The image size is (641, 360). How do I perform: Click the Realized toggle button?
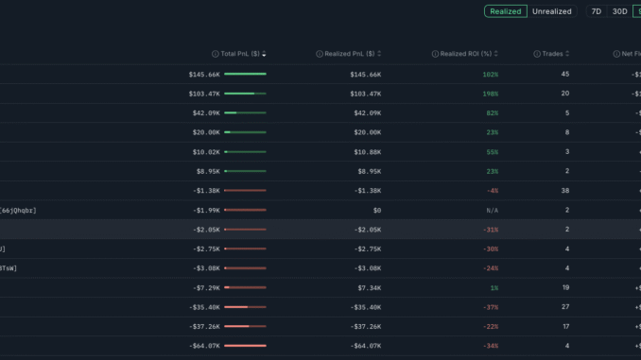pyautogui.click(x=505, y=11)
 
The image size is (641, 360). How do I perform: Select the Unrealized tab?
pyautogui.click(x=552, y=11)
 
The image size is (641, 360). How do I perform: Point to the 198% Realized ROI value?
pyautogui.click(x=491, y=94)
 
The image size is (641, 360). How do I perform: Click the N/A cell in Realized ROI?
pyautogui.click(x=492, y=210)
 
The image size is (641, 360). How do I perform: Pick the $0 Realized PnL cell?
pyautogui.click(x=376, y=210)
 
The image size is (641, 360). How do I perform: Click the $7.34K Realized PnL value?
pyautogui.click(x=367, y=287)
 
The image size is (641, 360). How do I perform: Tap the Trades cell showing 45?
pyautogui.click(x=565, y=74)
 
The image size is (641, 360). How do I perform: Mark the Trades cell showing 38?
pyautogui.click(x=565, y=190)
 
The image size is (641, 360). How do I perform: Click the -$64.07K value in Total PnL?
pyautogui.click(x=203, y=346)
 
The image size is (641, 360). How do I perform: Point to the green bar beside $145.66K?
pyautogui.click(x=245, y=74)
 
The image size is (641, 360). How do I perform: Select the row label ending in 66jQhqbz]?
pyautogui.click(x=19, y=210)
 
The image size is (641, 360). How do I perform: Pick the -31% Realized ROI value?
pyautogui.click(x=490, y=230)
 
